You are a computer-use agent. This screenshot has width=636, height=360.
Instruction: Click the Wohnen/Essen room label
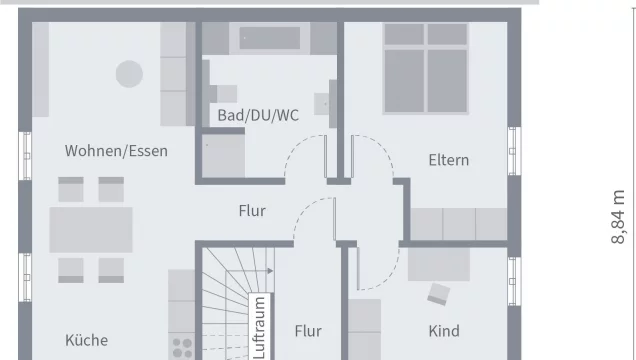click(x=116, y=152)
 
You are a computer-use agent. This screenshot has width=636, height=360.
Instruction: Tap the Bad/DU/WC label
click(x=258, y=115)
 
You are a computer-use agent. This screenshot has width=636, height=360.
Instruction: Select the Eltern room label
click(x=448, y=160)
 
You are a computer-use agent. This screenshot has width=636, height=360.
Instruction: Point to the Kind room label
click(x=444, y=331)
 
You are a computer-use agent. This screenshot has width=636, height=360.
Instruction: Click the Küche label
click(x=86, y=340)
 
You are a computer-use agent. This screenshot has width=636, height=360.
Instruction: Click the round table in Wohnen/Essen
click(x=129, y=74)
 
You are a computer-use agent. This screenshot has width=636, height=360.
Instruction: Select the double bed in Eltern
click(x=427, y=68)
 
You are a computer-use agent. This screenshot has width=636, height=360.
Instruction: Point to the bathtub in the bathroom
click(x=269, y=38)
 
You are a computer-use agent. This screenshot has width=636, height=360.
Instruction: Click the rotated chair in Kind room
click(x=438, y=293)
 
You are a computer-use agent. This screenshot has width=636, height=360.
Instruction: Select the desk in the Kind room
click(x=438, y=263)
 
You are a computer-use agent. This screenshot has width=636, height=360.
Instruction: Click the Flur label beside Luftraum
click(x=308, y=329)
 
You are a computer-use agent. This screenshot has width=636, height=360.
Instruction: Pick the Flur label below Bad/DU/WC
click(x=251, y=211)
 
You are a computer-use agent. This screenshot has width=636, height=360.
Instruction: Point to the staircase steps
click(x=225, y=300)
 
